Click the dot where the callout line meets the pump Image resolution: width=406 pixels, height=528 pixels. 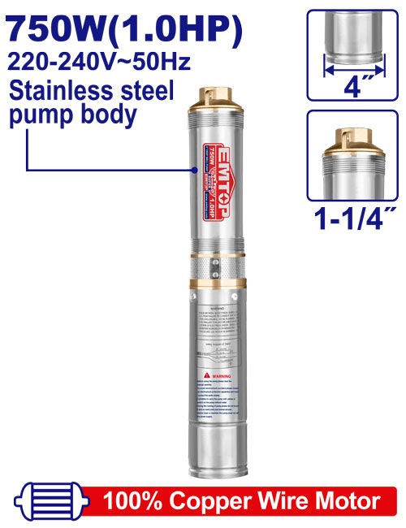click(195, 170)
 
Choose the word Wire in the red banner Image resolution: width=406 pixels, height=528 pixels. click(285, 500)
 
